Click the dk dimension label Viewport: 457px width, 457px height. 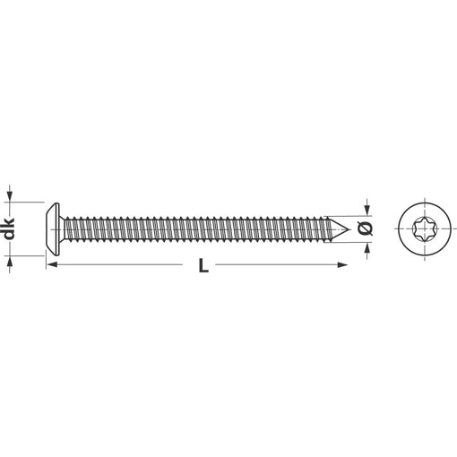10,228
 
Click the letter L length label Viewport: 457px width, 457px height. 203,265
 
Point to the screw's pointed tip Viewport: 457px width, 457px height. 349,229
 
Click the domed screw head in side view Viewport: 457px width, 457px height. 53,229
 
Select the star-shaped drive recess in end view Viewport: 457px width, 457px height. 425,229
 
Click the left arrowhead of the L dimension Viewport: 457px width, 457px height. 52,264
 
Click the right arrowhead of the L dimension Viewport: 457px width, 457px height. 342,264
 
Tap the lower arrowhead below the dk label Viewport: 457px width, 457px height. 10,262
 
